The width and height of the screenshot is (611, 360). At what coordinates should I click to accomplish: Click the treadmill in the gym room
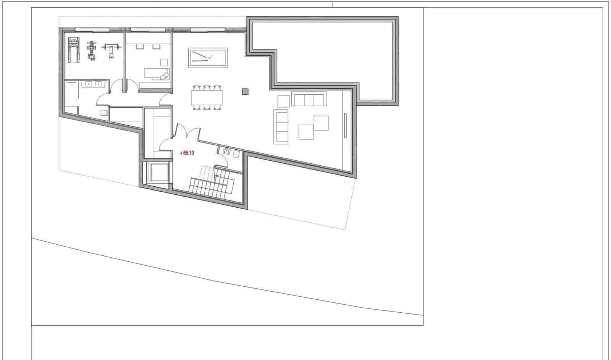point(74,50)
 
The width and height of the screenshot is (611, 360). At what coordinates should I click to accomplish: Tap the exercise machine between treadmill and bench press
point(91,50)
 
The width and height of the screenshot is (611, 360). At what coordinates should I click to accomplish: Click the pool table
point(208,58)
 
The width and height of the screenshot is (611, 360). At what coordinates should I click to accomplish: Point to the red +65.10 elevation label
point(187,153)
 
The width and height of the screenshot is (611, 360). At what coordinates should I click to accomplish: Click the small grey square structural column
point(245,91)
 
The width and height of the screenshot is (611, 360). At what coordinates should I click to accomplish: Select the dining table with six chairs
point(207,98)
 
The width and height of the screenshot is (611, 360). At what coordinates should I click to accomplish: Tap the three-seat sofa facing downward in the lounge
point(309,99)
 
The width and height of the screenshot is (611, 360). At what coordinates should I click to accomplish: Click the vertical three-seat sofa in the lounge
point(281,126)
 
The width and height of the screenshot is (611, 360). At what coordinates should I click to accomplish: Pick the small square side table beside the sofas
point(283,101)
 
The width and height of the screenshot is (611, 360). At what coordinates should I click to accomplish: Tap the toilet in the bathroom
point(104,113)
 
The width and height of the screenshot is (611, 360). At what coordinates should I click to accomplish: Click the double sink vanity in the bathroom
point(93,84)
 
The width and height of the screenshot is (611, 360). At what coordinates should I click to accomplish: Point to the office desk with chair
point(157,74)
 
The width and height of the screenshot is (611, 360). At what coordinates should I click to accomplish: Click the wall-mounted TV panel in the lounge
point(345,126)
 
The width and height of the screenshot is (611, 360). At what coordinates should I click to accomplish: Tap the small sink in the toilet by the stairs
point(227,150)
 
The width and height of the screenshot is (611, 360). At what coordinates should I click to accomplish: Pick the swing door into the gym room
point(116,86)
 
